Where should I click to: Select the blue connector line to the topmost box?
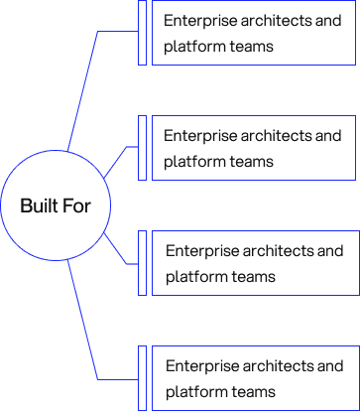[x=85, y=89]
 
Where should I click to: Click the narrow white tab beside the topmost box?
[x=142, y=33]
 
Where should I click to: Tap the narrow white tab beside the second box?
[x=142, y=147]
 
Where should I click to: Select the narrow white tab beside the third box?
[x=142, y=263]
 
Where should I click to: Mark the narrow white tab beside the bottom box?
[x=142, y=377]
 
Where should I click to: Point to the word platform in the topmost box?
[x=194, y=47]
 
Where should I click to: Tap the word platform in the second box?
[x=194, y=161]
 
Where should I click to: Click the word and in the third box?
[x=332, y=251]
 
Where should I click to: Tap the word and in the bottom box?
[x=332, y=366]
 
